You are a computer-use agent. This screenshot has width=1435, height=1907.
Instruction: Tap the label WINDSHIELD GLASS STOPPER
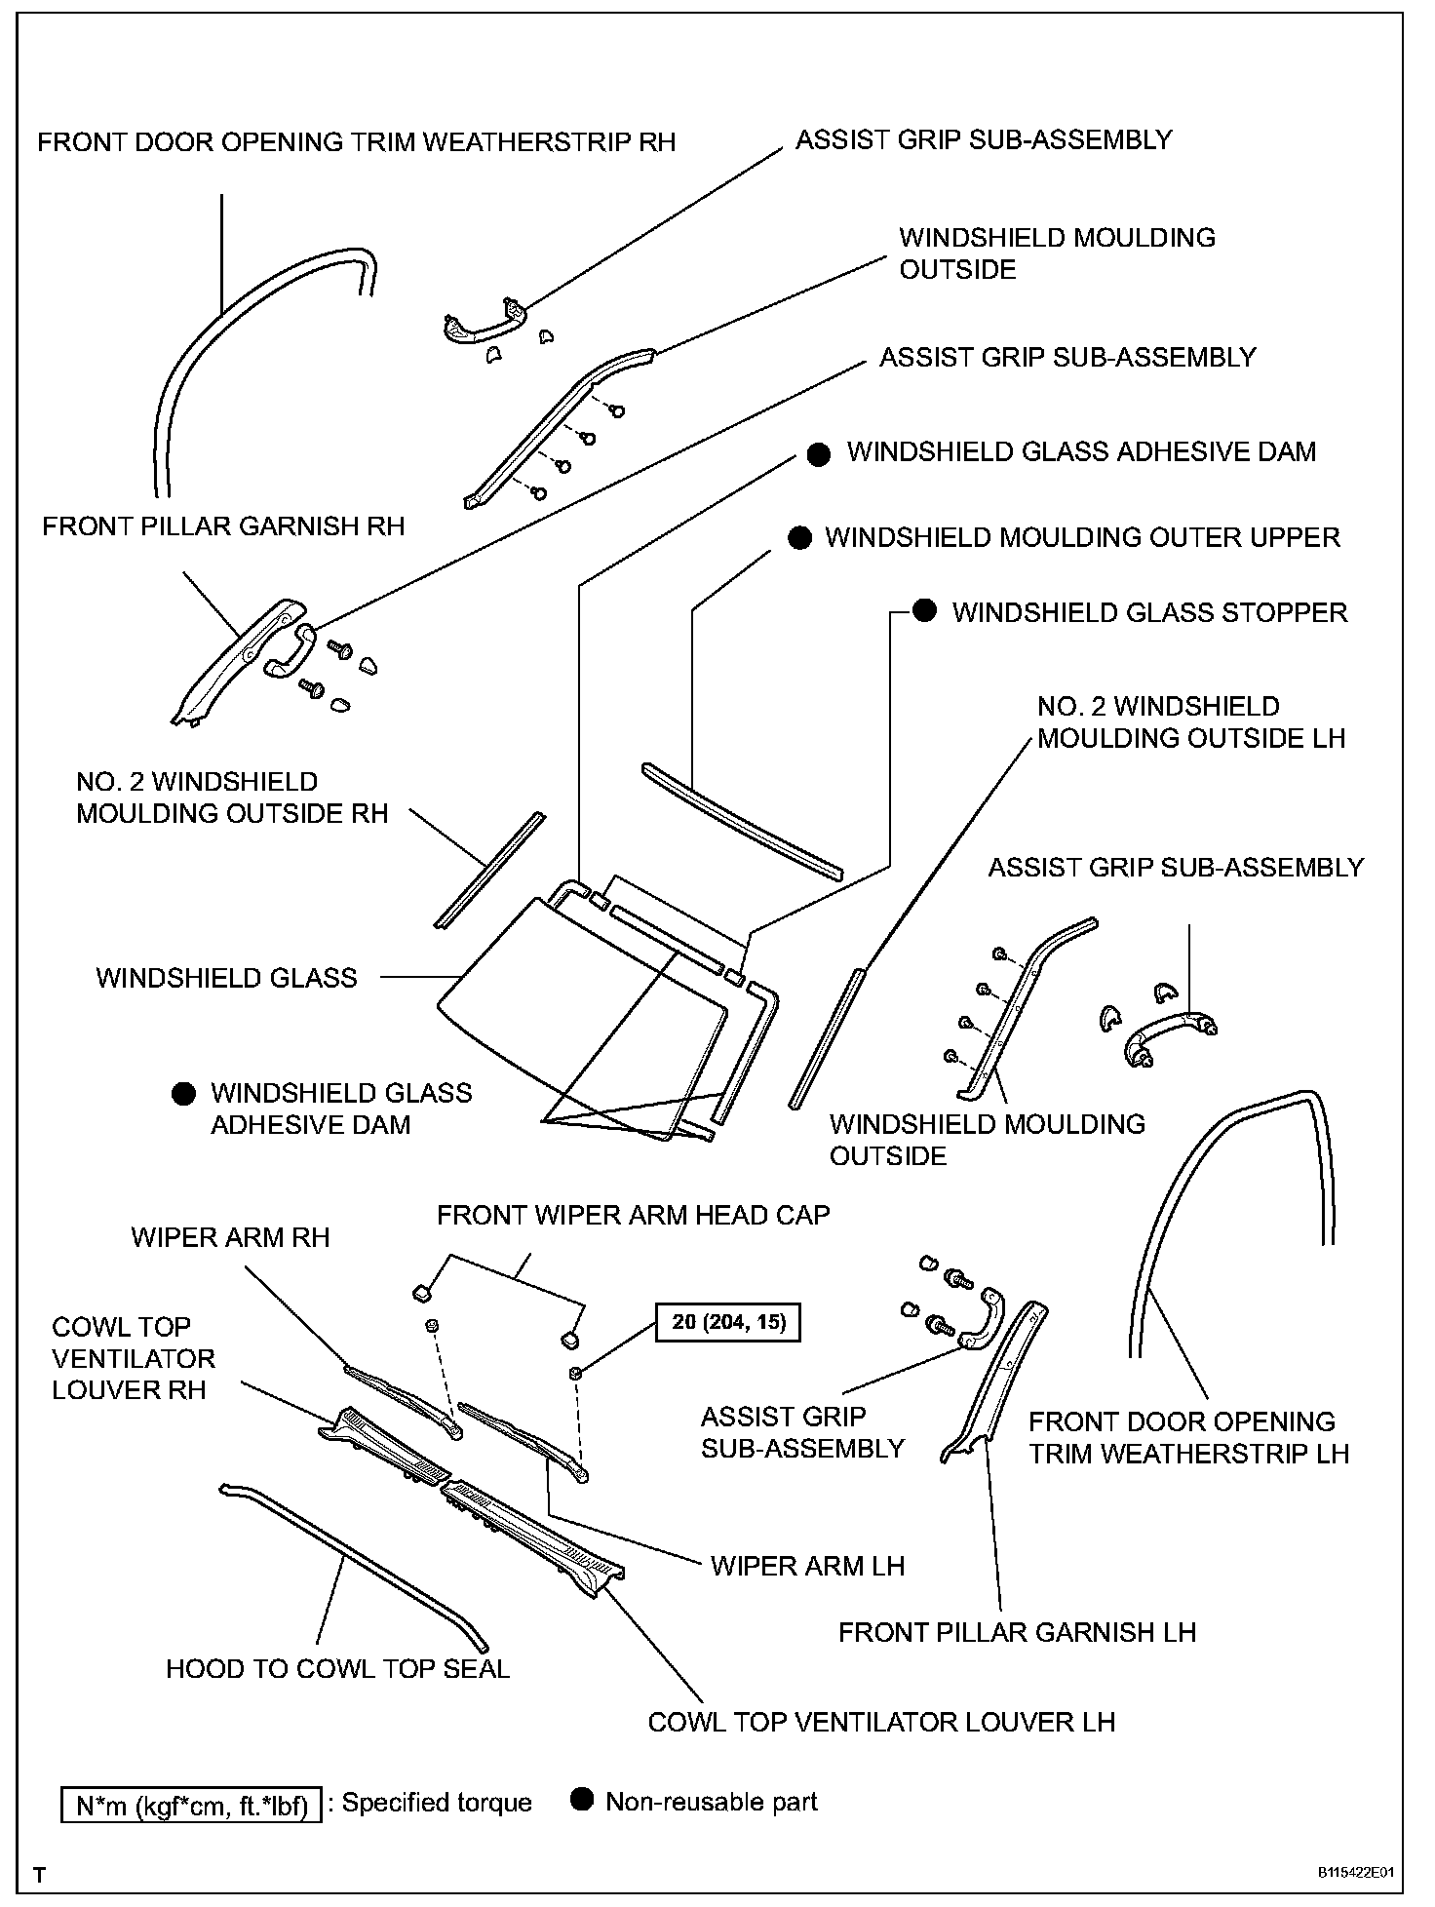tap(1149, 612)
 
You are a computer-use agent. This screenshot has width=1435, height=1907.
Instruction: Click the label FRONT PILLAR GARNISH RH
tap(223, 526)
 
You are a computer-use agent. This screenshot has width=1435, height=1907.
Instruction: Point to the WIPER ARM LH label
tap(807, 1566)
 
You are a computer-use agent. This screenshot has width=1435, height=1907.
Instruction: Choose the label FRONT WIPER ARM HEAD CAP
tap(633, 1215)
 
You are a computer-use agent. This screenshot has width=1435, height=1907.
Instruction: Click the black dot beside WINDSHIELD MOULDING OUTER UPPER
tap(799, 538)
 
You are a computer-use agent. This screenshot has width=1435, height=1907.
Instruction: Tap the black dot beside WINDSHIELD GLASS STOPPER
tap(924, 611)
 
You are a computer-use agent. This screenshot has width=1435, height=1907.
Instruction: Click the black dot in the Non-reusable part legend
tap(582, 1800)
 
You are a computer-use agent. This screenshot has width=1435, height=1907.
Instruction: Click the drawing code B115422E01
tap(1356, 1873)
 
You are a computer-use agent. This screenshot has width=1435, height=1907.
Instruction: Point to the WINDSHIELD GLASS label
tap(226, 978)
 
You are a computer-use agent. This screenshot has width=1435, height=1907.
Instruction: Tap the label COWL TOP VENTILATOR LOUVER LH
tap(880, 1722)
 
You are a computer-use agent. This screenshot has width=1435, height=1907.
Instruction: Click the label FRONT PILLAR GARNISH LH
tap(1017, 1632)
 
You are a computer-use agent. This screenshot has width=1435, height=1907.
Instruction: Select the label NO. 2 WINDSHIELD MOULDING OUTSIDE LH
tap(1190, 721)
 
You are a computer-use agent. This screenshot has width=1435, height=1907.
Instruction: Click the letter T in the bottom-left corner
tap(39, 1874)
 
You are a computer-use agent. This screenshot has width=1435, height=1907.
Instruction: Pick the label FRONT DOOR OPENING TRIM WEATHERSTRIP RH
tap(356, 142)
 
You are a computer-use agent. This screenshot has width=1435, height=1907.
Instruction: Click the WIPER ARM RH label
tap(230, 1237)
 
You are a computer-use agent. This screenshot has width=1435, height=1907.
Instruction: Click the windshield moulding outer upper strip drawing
tap(741, 817)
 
